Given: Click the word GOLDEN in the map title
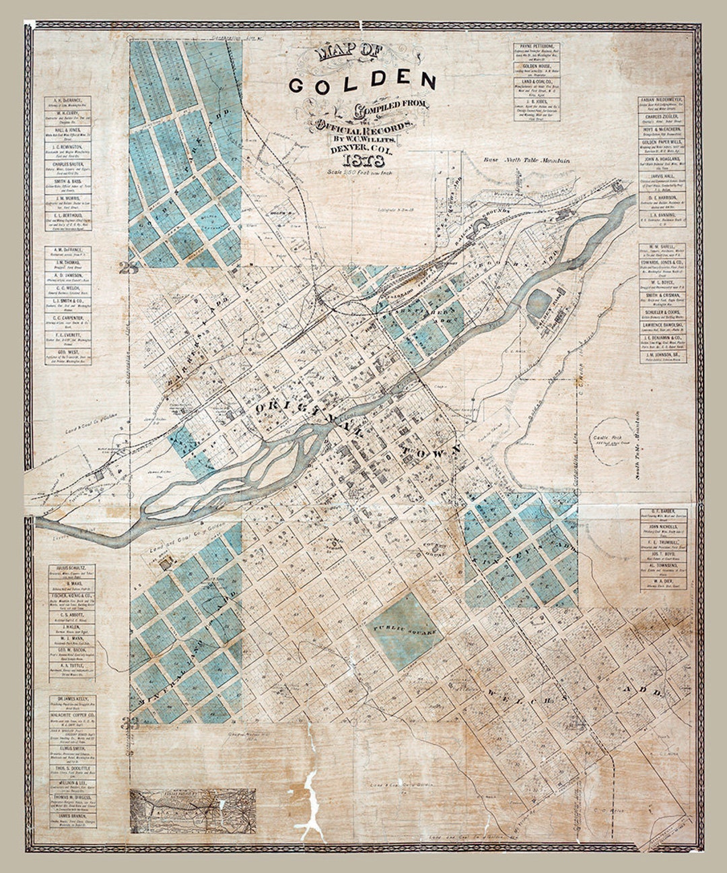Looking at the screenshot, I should click(363, 82).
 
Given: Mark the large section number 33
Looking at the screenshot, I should click(125, 723).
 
